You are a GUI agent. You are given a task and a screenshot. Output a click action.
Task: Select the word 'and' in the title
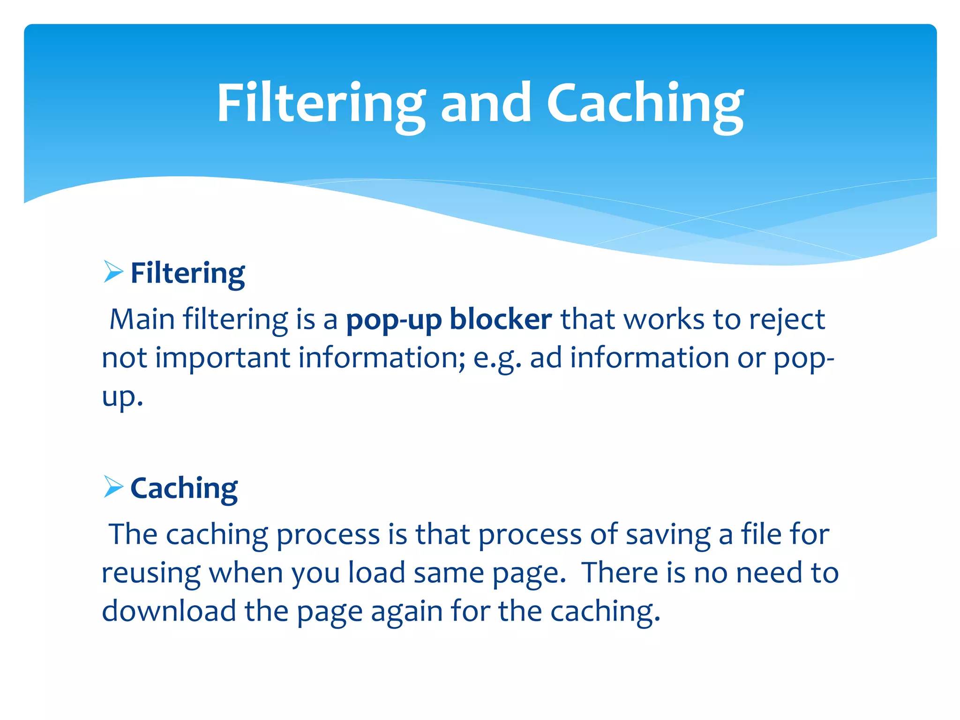tap(486, 103)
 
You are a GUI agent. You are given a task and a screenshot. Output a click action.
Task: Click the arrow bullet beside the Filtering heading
tap(113, 272)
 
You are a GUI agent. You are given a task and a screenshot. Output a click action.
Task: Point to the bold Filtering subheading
tap(187, 273)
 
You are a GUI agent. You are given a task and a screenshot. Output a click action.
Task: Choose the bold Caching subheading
tap(184, 488)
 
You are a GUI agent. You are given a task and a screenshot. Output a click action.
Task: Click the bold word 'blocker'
tap(501, 320)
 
